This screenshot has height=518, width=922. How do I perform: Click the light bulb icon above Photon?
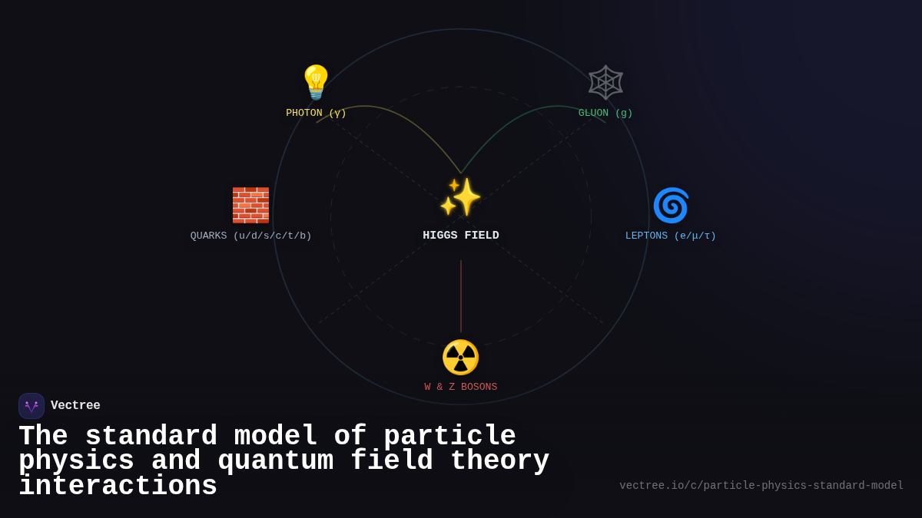(x=316, y=82)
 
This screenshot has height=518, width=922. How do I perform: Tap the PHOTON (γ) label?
(x=316, y=114)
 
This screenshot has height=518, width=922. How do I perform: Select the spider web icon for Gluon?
(x=605, y=82)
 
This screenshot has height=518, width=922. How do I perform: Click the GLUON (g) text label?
(x=605, y=114)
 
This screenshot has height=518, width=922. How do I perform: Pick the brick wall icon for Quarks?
(x=250, y=205)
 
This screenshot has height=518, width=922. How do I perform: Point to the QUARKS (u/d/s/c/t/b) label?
(x=250, y=236)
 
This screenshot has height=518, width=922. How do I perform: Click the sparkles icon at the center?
(x=461, y=197)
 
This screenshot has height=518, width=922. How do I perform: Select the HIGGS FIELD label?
(x=461, y=236)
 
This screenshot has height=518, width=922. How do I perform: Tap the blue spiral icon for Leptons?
(x=671, y=205)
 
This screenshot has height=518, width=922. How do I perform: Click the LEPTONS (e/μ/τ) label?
(x=671, y=236)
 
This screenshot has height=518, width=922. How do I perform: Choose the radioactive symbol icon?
(x=461, y=357)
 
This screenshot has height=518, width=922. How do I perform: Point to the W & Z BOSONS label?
(x=461, y=388)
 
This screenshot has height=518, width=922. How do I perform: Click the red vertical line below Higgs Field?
(x=461, y=295)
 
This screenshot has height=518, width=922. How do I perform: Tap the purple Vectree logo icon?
(x=32, y=406)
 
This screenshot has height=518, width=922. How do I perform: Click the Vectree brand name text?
(x=75, y=406)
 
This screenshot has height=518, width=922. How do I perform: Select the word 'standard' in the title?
(x=151, y=437)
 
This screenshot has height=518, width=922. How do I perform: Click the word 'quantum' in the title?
(x=276, y=461)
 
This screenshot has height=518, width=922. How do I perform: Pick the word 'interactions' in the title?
(x=118, y=487)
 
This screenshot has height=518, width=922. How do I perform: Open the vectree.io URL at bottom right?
(x=761, y=486)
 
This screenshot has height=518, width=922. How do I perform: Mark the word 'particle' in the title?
(x=449, y=437)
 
